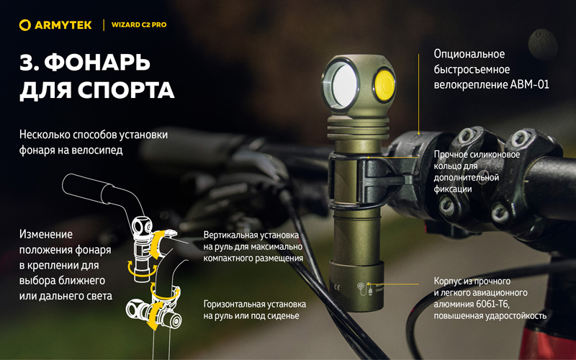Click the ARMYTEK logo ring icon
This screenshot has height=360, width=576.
point(25,25)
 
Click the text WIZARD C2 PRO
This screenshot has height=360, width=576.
point(139,25)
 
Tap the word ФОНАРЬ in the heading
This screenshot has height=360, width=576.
point(97,63)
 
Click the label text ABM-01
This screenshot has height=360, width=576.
point(529,85)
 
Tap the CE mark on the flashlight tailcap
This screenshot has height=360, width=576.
point(336,287)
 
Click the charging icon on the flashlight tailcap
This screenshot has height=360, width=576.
point(364,289)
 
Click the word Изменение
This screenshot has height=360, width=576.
point(46,235)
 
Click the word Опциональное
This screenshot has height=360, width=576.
point(469,55)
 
